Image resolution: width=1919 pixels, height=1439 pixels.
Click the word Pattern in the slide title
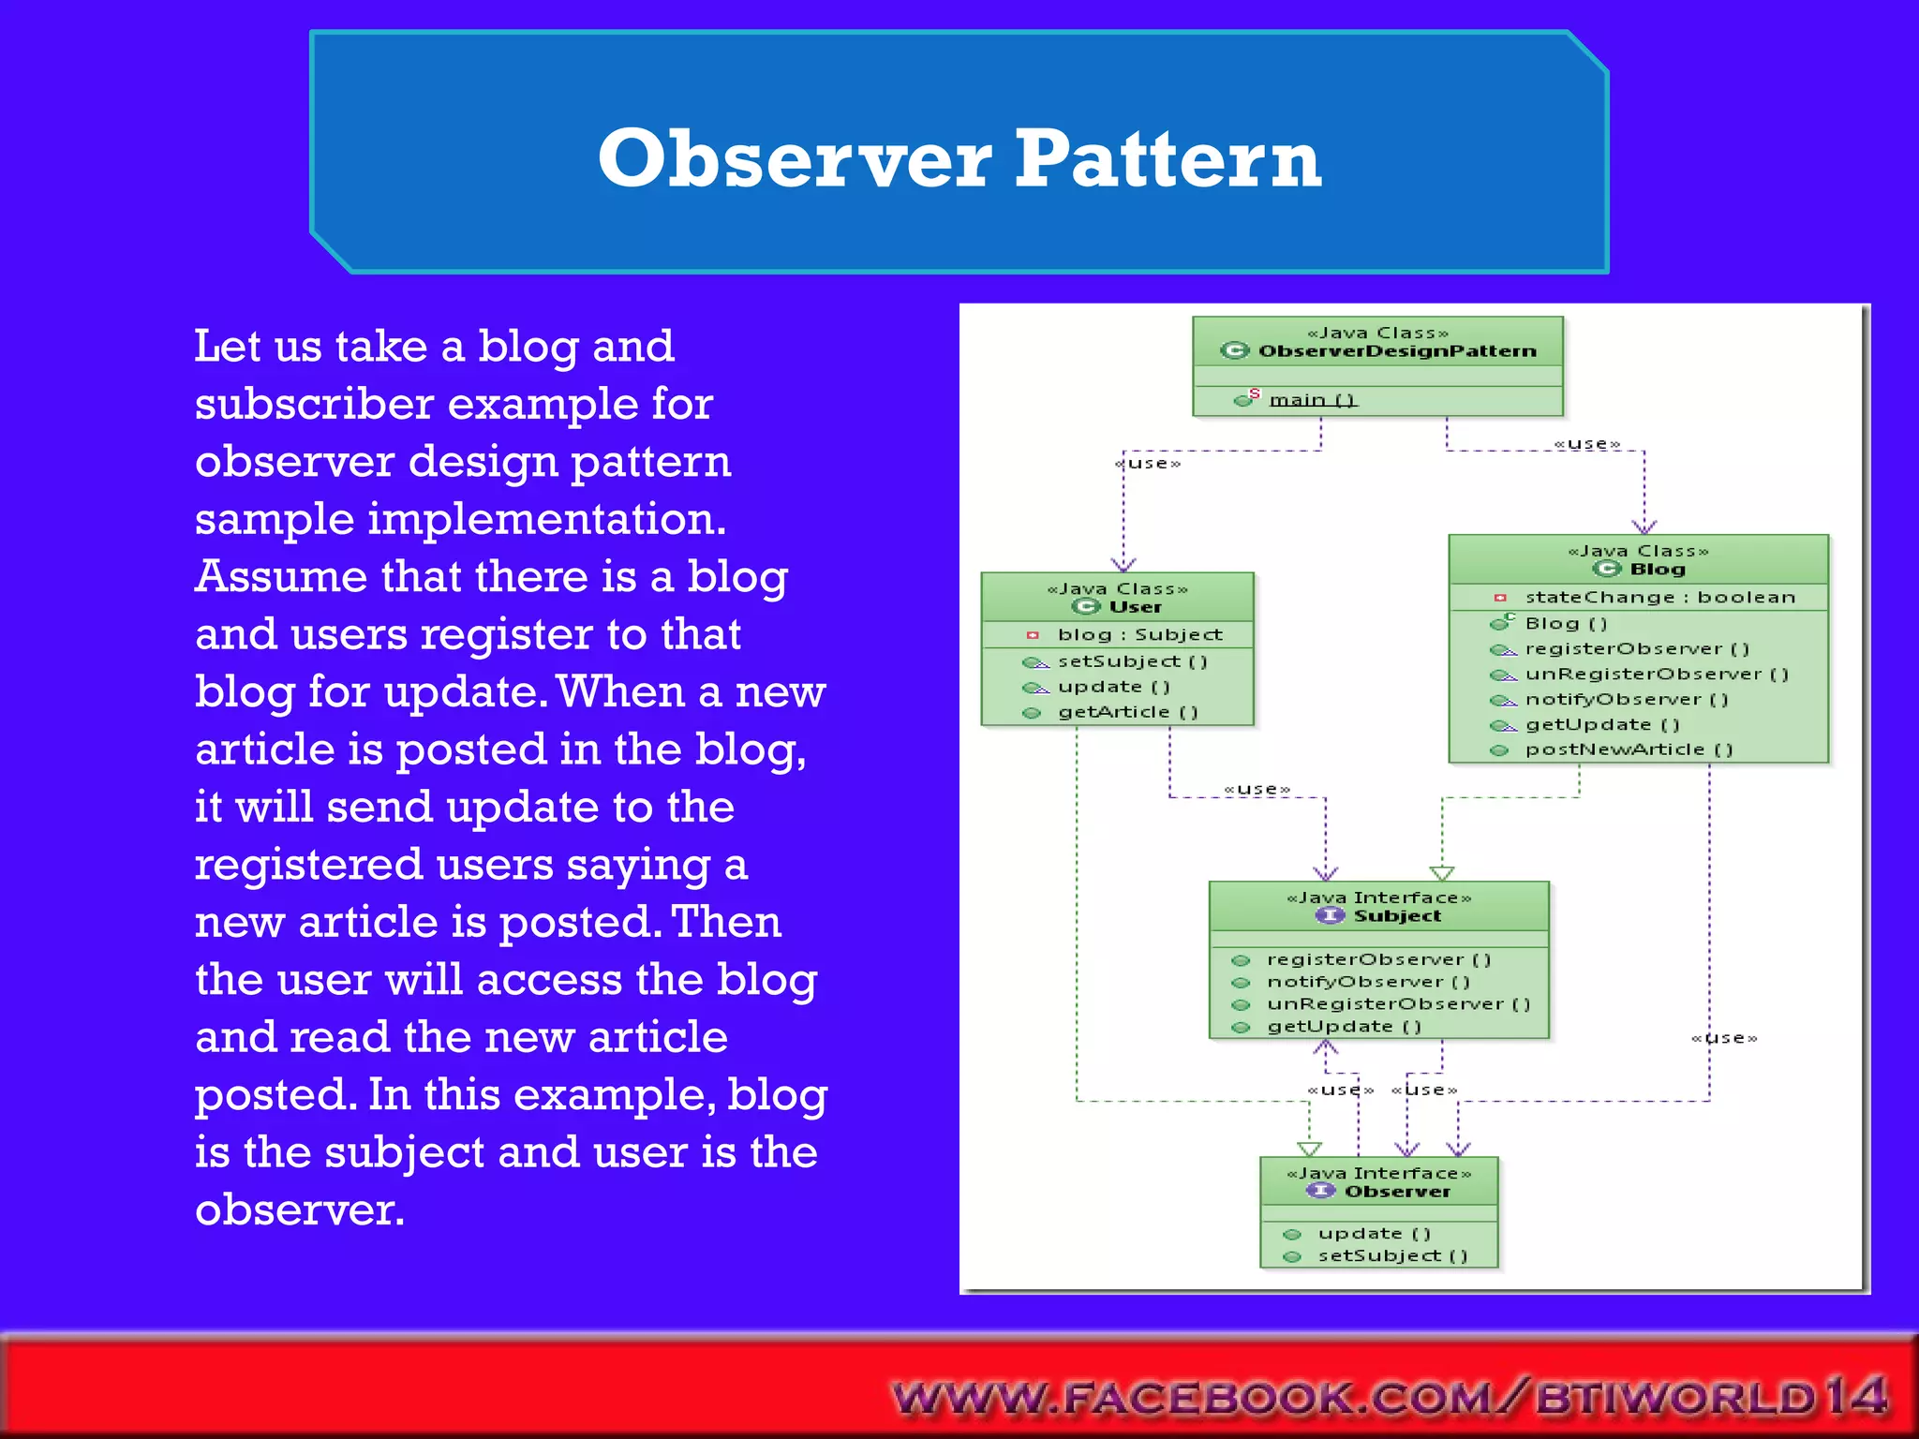click(1168, 159)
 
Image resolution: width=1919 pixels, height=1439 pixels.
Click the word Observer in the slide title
click(795, 159)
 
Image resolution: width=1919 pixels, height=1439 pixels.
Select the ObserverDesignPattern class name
click(1397, 351)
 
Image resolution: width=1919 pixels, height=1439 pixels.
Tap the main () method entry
click(1312, 400)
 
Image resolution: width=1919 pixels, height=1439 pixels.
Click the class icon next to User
click(1086, 607)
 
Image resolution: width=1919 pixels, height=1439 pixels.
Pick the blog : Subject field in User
click(1139, 635)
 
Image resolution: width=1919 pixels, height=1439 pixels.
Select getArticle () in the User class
click(1127, 712)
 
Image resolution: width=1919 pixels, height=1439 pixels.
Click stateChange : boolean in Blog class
click(1659, 598)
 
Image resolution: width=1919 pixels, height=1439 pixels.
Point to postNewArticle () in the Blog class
click(1629, 749)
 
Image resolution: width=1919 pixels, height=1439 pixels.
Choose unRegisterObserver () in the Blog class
click(1657, 675)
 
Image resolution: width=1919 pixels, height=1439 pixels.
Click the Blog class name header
click(1657, 570)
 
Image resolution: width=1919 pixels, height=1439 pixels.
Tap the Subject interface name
click(1397, 916)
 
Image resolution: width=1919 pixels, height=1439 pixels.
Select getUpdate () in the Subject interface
click(1344, 1027)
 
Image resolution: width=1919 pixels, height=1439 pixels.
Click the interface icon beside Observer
click(1321, 1191)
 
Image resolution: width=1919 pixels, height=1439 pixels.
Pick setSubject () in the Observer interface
click(1392, 1256)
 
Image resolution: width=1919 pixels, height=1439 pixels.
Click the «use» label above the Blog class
click(1586, 444)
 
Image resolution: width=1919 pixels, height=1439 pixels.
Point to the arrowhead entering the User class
click(1123, 564)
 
